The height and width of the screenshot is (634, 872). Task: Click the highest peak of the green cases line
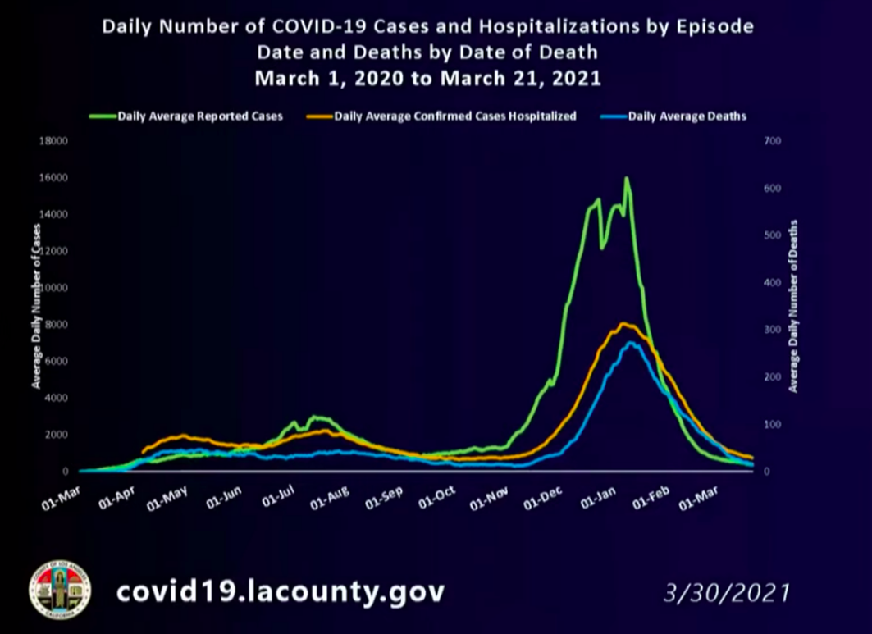627,178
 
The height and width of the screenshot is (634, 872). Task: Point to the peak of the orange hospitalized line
623,323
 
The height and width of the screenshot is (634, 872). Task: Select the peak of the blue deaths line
630,343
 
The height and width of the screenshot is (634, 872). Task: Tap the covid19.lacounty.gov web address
280,591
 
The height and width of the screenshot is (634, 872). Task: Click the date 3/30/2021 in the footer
727,592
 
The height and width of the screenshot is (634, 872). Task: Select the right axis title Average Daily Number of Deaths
793,305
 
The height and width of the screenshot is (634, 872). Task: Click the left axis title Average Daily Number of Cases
36,305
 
